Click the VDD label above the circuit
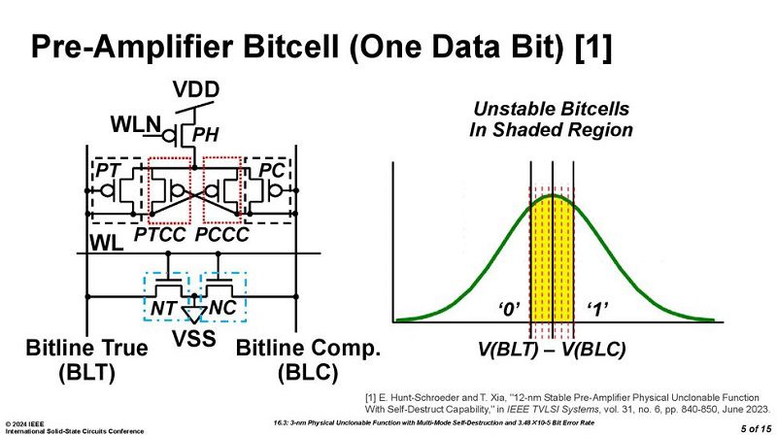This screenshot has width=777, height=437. [x=196, y=89]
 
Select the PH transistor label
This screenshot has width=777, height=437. [x=205, y=135]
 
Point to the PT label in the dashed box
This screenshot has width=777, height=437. [x=108, y=171]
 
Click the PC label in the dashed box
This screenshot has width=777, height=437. [x=272, y=171]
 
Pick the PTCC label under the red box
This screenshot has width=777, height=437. [x=160, y=235]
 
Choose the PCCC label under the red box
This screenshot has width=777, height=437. [x=221, y=235]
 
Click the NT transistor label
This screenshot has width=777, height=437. [x=163, y=308]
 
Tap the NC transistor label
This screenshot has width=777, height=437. [x=222, y=308]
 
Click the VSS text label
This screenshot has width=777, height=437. [x=193, y=339]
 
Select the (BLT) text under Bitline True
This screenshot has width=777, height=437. [x=86, y=372]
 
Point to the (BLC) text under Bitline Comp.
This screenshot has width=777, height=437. [x=308, y=373]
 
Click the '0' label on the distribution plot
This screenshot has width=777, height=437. [x=509, y=310]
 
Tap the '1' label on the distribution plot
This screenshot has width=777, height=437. [x=597, y=310]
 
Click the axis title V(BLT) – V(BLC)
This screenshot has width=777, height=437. [x=552, y=350]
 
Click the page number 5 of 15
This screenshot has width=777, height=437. [x=757, y=428]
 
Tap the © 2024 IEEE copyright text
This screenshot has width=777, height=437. [x=25, y=424]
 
